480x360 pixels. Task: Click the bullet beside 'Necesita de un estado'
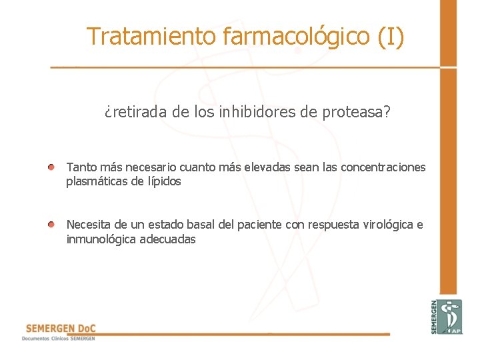51,225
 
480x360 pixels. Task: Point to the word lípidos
164,181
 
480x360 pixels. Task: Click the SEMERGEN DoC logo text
60,329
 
